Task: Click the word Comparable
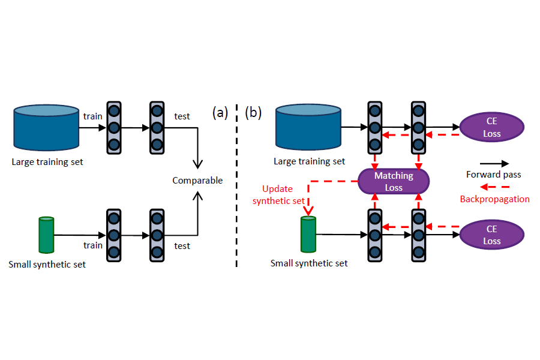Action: click(197, 180)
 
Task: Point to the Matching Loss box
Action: click(394, 181)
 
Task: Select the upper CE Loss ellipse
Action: click(491, 127)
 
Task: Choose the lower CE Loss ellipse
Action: click(491, 235)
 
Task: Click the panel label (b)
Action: click(253, 112)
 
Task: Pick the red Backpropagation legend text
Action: click(494, 199)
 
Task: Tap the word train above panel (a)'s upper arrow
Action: click(93, 116)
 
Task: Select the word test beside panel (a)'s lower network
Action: click(182, 245)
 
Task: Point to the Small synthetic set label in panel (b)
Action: click(309, 263)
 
